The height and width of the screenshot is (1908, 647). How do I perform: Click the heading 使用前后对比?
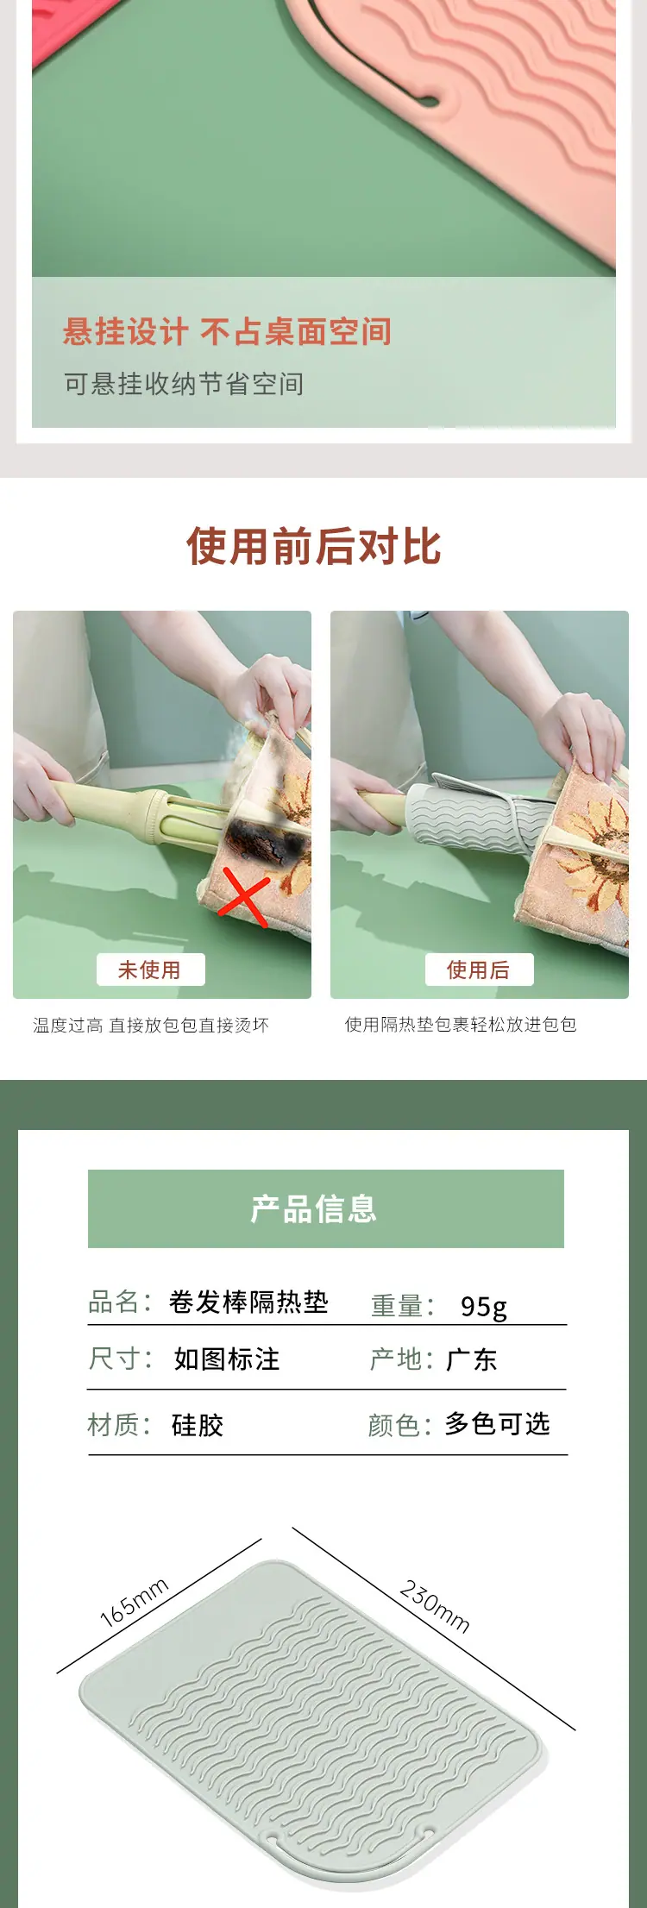(314, 546)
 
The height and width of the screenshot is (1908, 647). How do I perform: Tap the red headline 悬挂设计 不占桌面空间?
(227, 331)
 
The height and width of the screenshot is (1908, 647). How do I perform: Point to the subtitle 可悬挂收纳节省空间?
(184, 384)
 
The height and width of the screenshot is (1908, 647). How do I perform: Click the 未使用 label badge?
(150, 970)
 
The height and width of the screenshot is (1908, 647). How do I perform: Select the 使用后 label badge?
(479, 970)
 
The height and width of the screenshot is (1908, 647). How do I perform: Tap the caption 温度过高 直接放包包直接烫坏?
(151, 1025)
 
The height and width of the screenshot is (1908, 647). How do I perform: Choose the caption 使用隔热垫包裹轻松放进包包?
(461, 1024)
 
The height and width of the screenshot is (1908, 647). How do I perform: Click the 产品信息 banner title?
(314, 1208)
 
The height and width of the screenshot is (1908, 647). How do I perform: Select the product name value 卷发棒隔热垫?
(248, 1302)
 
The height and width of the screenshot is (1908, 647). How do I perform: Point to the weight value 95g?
(484, 1307)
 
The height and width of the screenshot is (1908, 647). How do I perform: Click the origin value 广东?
(471, 1359)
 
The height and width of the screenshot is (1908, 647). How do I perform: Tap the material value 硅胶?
(198, 1425)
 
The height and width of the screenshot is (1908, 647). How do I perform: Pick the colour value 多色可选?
(498, 1423)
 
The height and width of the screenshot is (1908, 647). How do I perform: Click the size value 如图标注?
(227, 1359)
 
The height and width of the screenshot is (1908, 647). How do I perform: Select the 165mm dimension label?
(134, 1603)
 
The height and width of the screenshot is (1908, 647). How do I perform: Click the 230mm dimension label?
(435, 1606)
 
